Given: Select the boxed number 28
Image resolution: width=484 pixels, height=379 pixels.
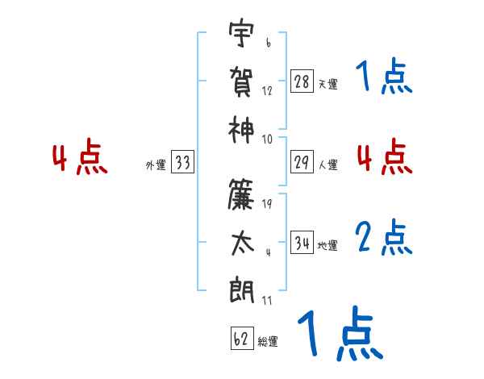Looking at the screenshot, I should pos(302,81).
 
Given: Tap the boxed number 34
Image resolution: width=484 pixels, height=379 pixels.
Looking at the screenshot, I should pos(302,243).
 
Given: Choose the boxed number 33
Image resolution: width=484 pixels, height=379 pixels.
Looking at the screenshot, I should pos(182,163).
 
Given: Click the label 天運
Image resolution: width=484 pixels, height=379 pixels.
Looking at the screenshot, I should pos(328,84).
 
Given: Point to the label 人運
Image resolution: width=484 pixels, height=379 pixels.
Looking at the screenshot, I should pos(328,165).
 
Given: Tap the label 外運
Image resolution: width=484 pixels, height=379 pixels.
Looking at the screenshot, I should pos(156,165).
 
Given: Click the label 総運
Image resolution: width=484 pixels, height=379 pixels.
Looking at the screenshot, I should pos(268,342).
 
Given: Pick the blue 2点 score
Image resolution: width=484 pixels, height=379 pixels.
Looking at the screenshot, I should pos(384,237).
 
